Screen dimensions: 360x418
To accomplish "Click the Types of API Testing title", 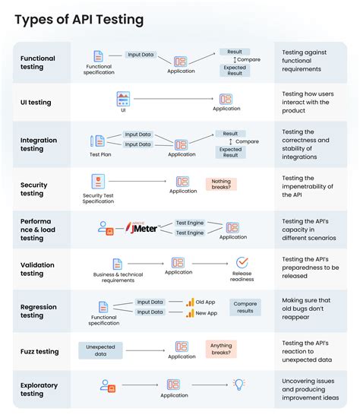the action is [79, 20].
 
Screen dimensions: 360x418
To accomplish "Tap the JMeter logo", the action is [143, 228].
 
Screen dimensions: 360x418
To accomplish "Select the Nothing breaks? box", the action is [221, 184].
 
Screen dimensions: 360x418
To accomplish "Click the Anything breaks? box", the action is [221, 349].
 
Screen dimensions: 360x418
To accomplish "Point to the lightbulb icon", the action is [239, 385].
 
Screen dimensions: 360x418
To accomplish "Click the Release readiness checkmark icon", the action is [242, 263].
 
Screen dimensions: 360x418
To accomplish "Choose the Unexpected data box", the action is [100, 350].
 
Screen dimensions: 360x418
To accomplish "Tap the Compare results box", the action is [245, 307].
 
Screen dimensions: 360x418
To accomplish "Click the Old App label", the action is [206, 302].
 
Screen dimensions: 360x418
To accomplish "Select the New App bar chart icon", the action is [190, 313].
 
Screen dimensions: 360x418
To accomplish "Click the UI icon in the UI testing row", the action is [123, 99].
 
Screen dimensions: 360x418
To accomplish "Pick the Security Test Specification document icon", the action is [98, 182].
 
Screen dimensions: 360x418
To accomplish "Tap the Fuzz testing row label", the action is [39, 352].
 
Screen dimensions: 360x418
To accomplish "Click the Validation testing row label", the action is [37, 269].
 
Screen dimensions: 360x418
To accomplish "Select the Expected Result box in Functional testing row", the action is [235, 71].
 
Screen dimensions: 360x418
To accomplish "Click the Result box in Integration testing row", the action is [230, 134].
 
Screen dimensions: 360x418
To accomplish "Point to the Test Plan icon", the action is [97, 141].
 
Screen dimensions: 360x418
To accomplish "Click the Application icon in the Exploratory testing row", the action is [173, 385].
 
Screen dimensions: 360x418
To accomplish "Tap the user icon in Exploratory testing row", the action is [108, 386].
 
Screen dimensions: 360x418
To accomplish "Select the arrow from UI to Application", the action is [173, 99].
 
